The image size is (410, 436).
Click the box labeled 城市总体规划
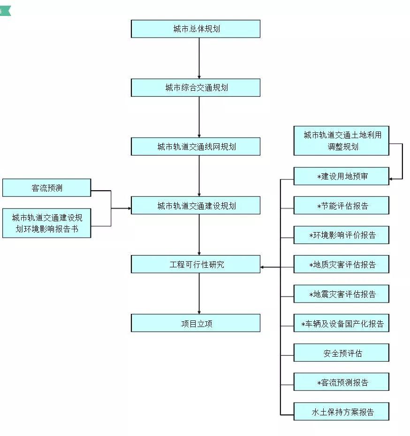(x=195, y=29)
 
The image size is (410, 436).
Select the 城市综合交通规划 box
(x=195, y=87)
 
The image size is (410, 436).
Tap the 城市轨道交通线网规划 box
(x=195, y=147)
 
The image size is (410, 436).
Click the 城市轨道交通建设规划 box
(x=195, y=205)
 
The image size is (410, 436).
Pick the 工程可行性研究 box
(x=195, y=265)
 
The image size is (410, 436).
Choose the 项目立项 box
(x=195, y=323)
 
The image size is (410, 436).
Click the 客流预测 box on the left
(x=46, y=188)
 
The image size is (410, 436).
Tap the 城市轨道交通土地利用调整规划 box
(x=342, y=140)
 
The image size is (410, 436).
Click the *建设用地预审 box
(x=342, y=176)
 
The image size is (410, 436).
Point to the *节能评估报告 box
(x=342, y=205)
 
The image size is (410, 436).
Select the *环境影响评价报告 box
(x=342, y=235)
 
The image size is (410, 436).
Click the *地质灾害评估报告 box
(x=342, y=265)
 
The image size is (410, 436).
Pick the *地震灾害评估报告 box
(x=342, y=294)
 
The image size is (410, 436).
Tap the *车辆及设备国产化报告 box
(x=342, y=323)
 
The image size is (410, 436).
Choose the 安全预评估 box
(x=342, y=353)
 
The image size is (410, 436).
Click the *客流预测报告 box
(x=342, y=382)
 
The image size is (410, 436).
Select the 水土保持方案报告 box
(x=342, y=412)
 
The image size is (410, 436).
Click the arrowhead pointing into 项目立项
(x=199, y=311)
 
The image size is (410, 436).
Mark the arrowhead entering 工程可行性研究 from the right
(x=263, y=267)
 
